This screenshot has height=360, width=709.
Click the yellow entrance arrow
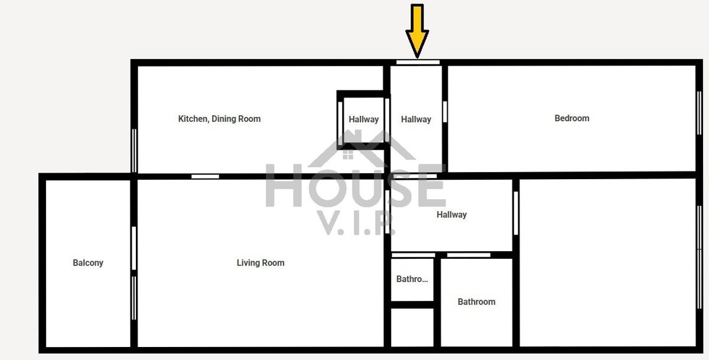417,31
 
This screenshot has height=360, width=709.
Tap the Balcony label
88,263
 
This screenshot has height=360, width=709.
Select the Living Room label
261,263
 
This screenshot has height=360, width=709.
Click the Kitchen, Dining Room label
219,119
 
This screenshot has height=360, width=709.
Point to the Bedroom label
572,118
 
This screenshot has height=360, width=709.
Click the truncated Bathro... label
412,279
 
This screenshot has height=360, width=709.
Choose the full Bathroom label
476,301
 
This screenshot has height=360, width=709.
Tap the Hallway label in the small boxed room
364,119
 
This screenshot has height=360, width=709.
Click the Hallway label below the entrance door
416,119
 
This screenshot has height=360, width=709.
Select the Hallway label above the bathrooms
451,215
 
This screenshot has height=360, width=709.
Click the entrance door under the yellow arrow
418,63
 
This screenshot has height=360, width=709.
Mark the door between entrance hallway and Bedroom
445,112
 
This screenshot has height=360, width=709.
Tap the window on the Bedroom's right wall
700,113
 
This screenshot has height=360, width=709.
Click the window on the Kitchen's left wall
134,150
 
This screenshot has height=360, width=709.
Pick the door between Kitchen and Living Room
205,176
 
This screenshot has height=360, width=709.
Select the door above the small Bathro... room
414,255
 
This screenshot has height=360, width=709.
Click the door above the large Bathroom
469,255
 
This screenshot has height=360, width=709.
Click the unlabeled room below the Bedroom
608,262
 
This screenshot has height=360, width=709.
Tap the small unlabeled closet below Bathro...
412,327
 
